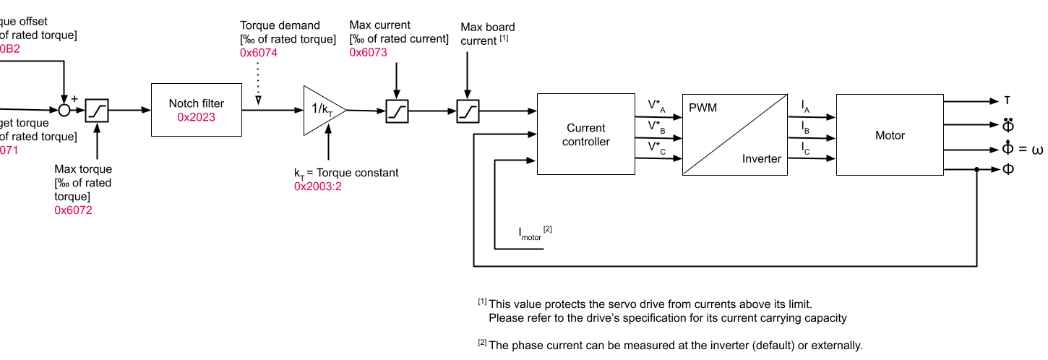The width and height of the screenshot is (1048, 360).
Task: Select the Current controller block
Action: (585, 134)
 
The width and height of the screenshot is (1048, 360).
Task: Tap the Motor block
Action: (889, 134)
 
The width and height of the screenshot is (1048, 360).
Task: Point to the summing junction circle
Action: (64, 110)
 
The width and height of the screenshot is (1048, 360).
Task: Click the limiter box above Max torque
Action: (97, 111)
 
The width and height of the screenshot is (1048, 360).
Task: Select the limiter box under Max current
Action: (397, 111)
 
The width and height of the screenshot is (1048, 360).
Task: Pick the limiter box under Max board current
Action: (467, 111)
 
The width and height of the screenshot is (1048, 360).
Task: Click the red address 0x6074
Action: (258, 53)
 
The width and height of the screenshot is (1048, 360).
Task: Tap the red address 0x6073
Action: (368, 52)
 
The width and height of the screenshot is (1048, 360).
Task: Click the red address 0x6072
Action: (73, 210)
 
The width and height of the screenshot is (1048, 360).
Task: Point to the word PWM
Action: (703, 108)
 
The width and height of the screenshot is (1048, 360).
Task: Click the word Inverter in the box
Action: (761, 159)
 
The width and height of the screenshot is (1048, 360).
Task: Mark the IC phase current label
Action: (805, 147)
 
